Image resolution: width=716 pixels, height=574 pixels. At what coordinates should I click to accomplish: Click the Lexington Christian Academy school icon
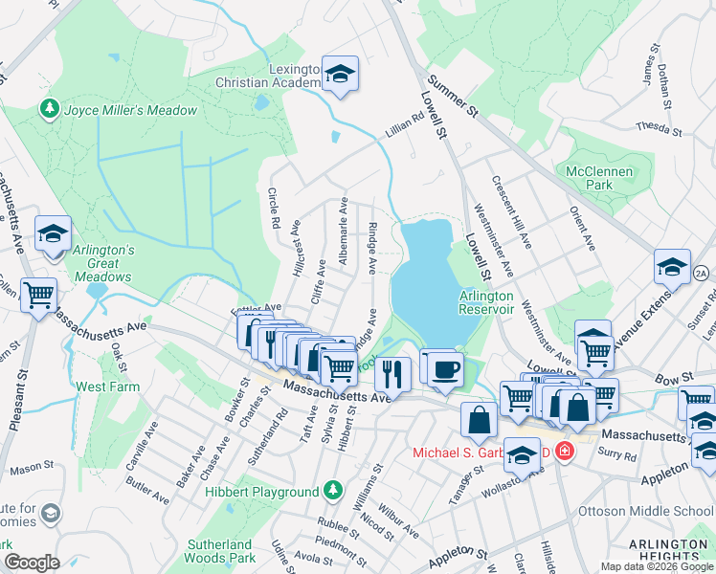(x=338, y=74)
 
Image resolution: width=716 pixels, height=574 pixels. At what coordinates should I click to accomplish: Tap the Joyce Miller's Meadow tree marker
(x=49, y=110)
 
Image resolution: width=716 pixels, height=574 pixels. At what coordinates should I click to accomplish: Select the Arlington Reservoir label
(x=486, y=302)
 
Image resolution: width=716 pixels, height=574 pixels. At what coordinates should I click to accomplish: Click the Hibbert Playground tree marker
(x=333, y=491)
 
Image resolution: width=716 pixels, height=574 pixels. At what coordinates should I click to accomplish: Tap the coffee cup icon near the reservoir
(x=444, y=369)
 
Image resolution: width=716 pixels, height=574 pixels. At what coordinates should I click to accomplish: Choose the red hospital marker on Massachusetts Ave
(x=565, y=450)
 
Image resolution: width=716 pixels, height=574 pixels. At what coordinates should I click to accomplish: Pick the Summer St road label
(x=452, y=97)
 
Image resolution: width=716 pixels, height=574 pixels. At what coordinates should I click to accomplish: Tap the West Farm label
(x=103, y=386)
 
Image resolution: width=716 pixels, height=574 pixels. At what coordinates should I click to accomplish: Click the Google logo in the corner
(x=33, y=562)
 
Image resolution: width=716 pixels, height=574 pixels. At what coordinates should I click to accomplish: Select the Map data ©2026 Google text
(x=658, y=565)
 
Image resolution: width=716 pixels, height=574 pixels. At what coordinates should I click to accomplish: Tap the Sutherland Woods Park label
(x=220, y=551)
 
